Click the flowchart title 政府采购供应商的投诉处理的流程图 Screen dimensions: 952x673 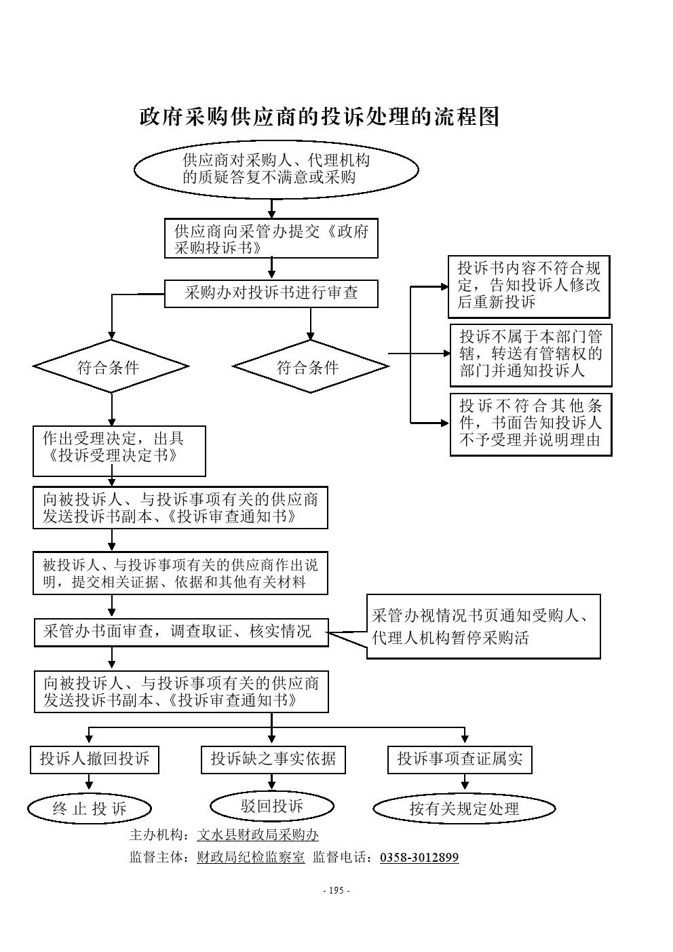point(319,117)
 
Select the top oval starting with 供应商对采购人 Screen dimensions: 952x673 point(276,170)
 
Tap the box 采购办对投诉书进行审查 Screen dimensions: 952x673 point(271,294)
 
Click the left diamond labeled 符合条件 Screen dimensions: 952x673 point(111,367)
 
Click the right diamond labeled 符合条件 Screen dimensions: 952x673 point(310,367)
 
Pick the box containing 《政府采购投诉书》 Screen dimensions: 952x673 point(271,239)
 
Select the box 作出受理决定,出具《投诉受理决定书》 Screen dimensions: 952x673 point(119,451)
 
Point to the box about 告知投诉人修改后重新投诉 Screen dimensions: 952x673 point(528,287)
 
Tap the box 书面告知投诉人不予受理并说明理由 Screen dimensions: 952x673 point(531,425)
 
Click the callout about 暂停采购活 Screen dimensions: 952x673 point(483,626)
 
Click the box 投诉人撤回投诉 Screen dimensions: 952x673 point(94,759)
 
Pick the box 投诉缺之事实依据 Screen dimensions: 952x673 point(273,759)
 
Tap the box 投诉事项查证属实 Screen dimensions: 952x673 point(459,759)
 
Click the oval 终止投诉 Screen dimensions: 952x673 point(90,808)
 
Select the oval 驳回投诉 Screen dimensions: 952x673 point(272,806)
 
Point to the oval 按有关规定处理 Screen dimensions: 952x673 point(464,808)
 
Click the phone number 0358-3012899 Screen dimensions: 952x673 point(419,858)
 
